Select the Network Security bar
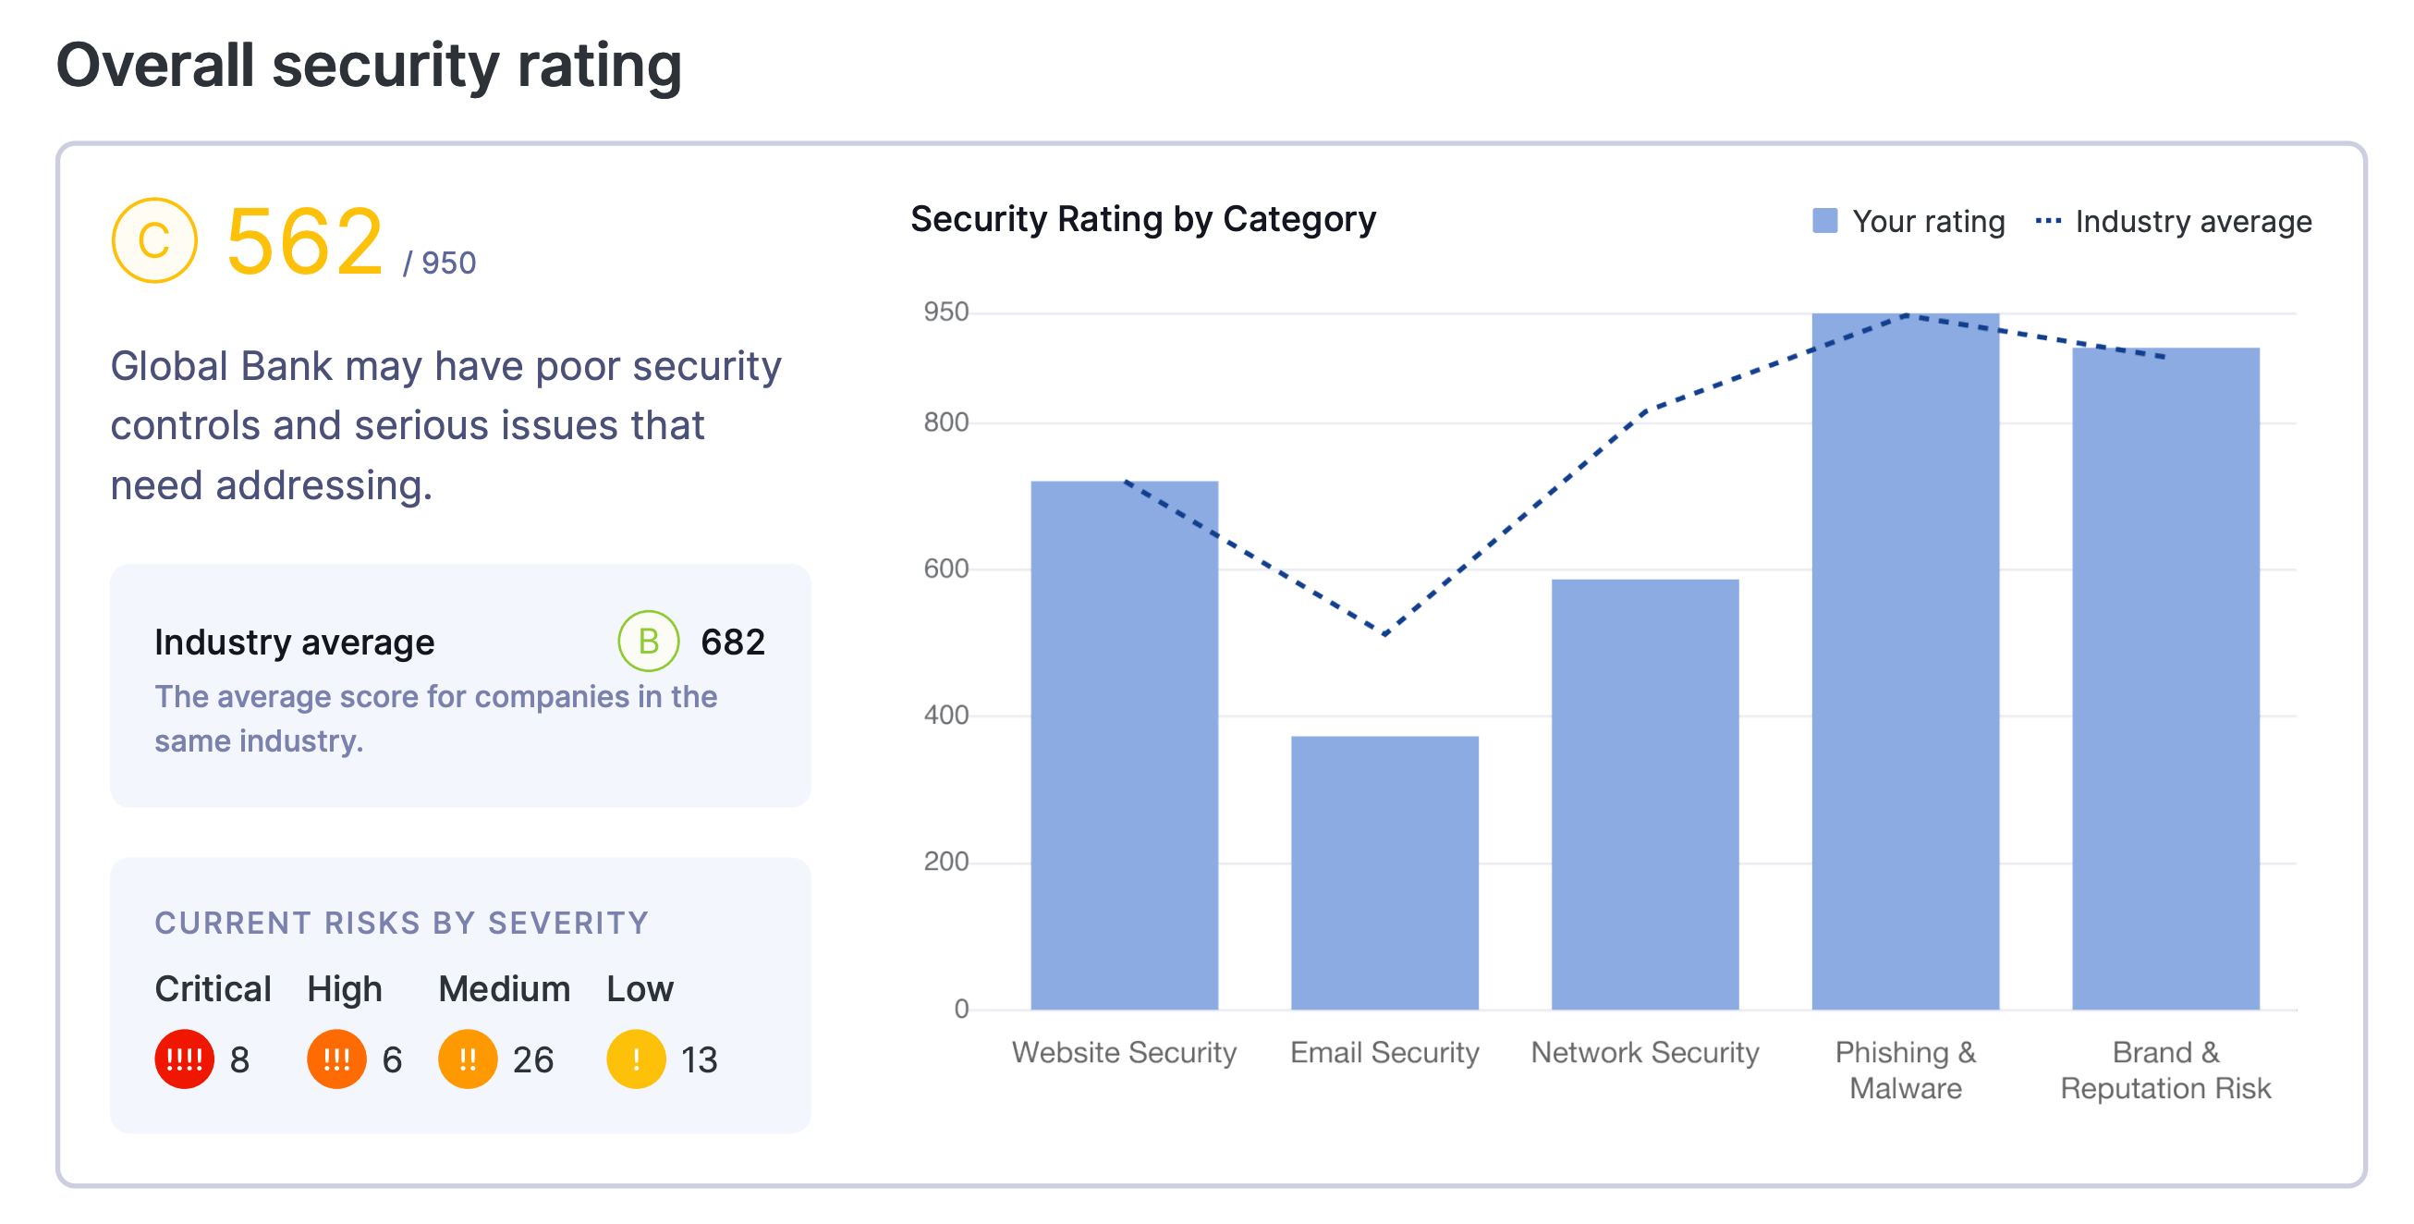1645,794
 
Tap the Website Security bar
1124,745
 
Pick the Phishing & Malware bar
1904,661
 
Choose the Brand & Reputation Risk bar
2164,678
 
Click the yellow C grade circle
154,241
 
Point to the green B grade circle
648,641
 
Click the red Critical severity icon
184,1059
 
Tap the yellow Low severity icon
635,1059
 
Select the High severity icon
336,1059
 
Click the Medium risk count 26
532,1060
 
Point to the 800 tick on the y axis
945,422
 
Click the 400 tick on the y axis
945,716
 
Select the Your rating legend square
1824,221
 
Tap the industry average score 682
733,642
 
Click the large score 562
305,243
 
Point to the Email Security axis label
1384,1052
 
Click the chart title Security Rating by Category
1142,219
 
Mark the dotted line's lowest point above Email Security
1384,634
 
